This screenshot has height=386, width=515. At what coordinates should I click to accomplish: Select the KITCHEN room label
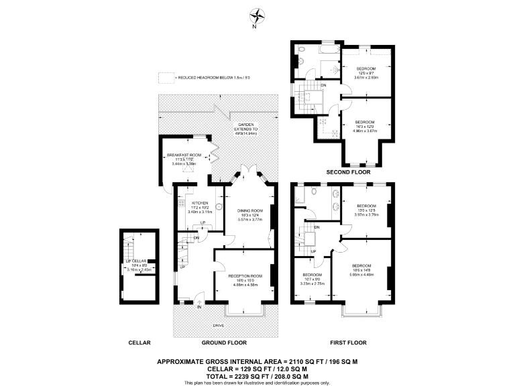pyautogui.click(x=201, y=203)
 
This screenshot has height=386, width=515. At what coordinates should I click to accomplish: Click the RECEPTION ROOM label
pyautogui.click(x=244, y=275)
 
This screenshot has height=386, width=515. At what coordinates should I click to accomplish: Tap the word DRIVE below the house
pyautogui.click(x=219, y=326)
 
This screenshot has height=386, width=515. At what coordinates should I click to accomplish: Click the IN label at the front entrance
pyautogui.click(x=199, y=308)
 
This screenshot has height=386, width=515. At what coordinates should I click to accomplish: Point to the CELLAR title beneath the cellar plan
pyautogui.click(x=139, y=342)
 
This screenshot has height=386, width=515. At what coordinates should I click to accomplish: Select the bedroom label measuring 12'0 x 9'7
pyautogui.click(x=366, y=69)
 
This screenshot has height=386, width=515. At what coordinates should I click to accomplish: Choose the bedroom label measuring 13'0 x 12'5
pyautogui.click(x=366, y=206)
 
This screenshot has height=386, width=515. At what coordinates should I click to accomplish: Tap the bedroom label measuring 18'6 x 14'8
pyautogui.click(x=363, y=266)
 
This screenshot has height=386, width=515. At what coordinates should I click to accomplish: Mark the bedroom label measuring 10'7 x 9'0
pyautogui.click(x=312, y=275)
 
